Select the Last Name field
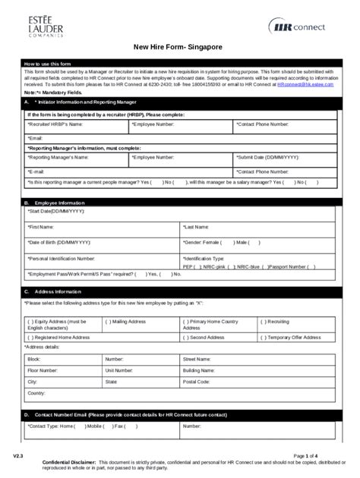coord(257,227)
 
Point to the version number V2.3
coord(17,455)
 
